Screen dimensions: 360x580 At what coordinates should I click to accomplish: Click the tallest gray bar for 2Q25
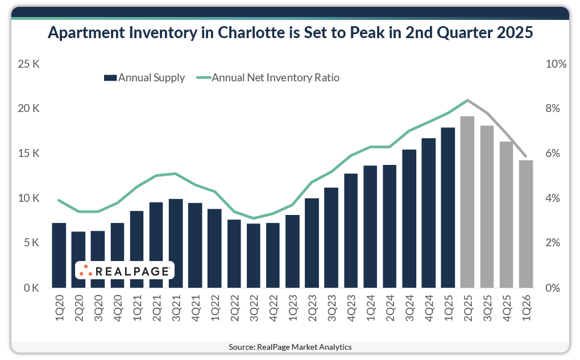467,202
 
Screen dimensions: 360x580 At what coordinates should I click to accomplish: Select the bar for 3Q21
176,243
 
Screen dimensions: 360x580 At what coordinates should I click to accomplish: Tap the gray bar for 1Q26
526,224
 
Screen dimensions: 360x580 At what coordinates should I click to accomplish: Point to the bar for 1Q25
448,208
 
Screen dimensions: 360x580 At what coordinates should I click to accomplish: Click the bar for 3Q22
254,255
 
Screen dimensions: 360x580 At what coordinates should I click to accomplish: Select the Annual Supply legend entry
144,78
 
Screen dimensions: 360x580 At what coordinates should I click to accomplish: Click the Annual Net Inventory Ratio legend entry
268,78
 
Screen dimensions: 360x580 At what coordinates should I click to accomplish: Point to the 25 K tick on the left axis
28,64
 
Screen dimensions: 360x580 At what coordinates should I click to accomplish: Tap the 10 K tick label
28,198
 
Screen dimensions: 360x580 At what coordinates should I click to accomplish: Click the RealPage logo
125,271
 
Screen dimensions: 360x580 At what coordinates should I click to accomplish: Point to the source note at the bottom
290,347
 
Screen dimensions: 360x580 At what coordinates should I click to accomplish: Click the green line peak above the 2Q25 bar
467,100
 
